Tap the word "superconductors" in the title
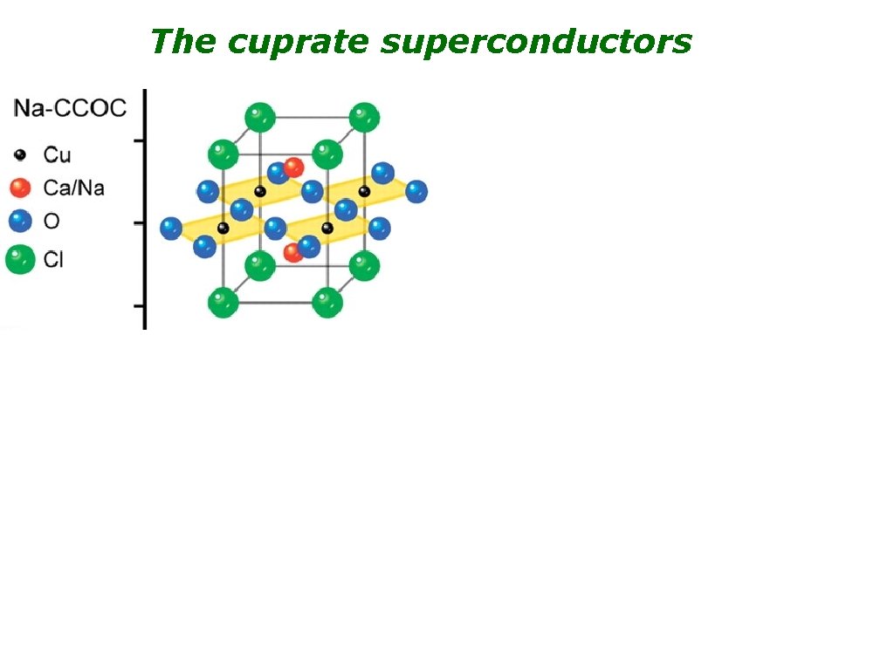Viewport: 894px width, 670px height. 537,42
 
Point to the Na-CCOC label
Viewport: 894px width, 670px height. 70,109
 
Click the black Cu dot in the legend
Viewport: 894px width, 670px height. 21,155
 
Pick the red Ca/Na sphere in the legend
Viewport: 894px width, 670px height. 21,188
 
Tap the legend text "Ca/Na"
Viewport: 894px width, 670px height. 73,188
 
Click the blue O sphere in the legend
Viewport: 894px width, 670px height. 21,221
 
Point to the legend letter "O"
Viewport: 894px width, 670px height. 52,221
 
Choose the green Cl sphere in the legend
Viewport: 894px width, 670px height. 20,259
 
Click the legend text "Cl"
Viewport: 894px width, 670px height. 53,259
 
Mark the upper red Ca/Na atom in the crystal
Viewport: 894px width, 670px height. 294,167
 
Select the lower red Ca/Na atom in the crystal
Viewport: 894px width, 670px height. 294,252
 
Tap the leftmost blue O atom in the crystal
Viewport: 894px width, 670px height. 171,229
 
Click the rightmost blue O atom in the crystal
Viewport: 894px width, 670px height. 416,192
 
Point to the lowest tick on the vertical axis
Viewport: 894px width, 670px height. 138,306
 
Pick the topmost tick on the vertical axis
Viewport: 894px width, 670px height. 138,140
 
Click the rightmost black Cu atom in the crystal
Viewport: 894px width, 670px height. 364,191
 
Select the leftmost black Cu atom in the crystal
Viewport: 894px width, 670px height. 223,228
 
